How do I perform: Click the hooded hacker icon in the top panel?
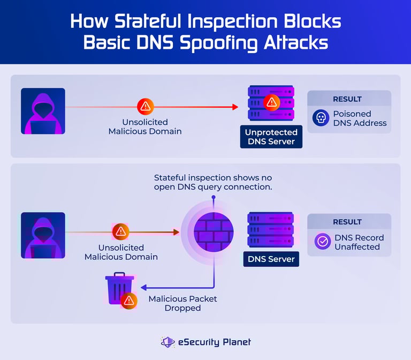point(43,111)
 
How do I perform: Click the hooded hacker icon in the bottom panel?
point(43,235)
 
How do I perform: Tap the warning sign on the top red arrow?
point(145,107)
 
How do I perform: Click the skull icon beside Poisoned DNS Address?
point(321,118)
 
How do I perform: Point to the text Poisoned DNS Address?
point(360,118)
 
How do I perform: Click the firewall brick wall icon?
point(213,232)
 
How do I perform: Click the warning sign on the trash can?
point(128,301)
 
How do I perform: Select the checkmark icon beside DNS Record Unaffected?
point(322,242)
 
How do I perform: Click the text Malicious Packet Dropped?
point(182,303)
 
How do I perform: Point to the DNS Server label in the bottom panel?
point(271,259)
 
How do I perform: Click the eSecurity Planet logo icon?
point(168,342)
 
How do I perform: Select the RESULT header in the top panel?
point(347,99)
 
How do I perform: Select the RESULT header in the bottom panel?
point(347,222)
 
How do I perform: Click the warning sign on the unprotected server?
point(272,102)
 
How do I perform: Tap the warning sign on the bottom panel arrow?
point(121,232)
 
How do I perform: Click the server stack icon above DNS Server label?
point(271,230)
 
